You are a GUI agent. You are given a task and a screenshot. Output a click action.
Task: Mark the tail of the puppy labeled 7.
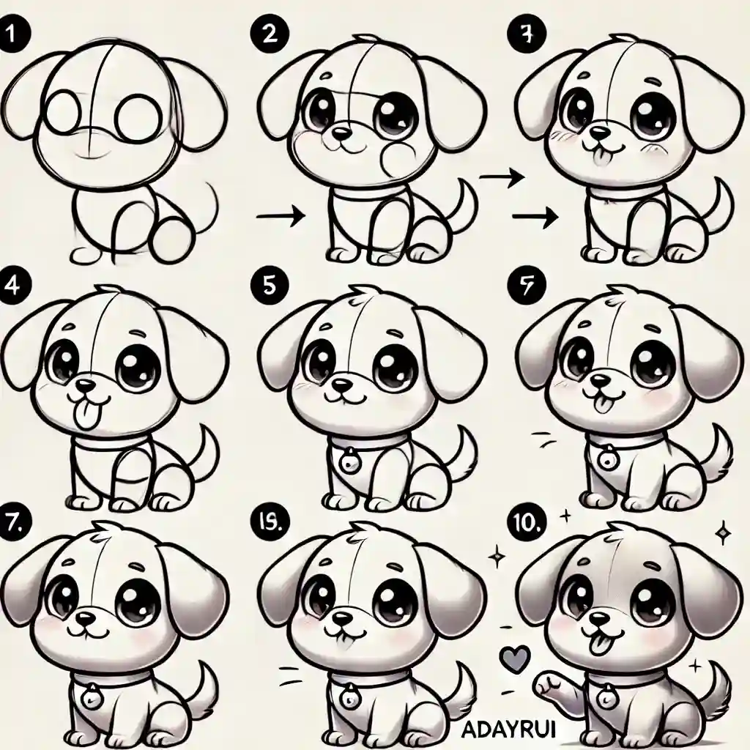click(x=203, y=685)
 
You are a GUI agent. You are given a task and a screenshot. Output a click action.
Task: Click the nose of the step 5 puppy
click(x=341, y=383)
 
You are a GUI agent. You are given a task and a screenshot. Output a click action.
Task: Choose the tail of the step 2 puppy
click(x=464, y=205)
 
